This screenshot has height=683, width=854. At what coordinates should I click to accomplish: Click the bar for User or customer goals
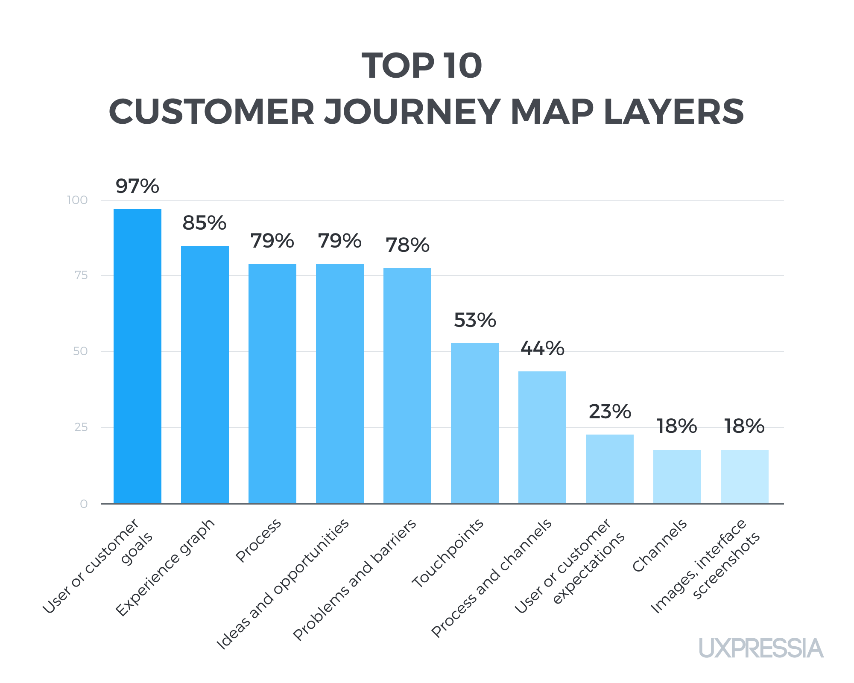tap(137, 356)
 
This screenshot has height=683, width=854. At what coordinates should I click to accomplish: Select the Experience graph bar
tap(205, 374)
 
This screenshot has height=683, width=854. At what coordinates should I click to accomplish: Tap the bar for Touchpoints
tap(475, 423)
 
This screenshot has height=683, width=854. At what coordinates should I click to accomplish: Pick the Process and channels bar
tap(542, 437)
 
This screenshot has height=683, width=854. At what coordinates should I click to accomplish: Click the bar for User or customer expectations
tap(610, 469)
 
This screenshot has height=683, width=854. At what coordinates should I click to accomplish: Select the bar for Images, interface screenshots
tap(745, 476)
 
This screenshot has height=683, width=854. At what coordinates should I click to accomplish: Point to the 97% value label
tap(137, 187)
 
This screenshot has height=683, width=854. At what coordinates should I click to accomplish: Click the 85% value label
tap(205, 223)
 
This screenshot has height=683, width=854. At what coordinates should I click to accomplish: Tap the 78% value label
tap(407, 245)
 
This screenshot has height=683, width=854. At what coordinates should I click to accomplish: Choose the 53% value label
tap(475, 320)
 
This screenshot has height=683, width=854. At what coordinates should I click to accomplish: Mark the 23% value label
tap(610, 412)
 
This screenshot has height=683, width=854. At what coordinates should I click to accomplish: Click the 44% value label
tap(542, 349)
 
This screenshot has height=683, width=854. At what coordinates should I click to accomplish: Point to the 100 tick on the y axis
tap(77, 200)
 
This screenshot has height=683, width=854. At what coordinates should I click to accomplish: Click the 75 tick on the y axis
tap(81, 275)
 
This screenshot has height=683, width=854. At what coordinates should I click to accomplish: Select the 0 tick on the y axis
tap(83, 504)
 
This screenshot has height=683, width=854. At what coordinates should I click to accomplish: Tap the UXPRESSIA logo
tap(761, 648)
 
